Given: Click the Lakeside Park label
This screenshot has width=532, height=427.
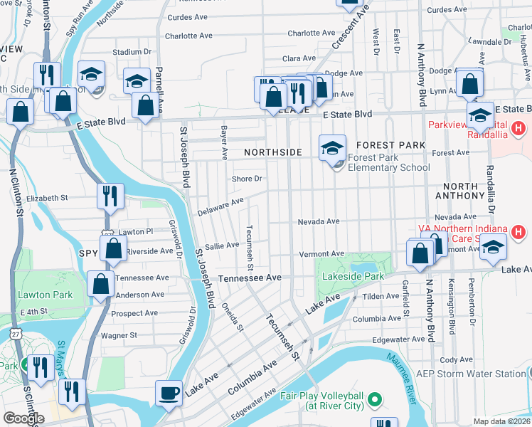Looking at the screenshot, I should (353, 276).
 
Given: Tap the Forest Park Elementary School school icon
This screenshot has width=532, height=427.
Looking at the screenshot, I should (332, 148).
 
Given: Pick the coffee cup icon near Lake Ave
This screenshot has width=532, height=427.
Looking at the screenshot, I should (169, 394).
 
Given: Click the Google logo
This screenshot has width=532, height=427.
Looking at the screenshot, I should (23, 418).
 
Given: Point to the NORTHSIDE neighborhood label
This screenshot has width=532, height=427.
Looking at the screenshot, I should (273, 152).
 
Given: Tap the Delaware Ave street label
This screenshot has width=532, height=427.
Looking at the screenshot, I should (221, 206).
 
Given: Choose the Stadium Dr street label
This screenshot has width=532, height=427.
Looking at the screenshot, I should (132, 52).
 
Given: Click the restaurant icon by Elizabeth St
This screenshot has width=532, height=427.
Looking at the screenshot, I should (110, 196).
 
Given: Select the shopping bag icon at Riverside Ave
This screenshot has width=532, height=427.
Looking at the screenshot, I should (113, 249).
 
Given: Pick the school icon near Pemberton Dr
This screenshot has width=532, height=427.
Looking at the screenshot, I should (493, 248).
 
